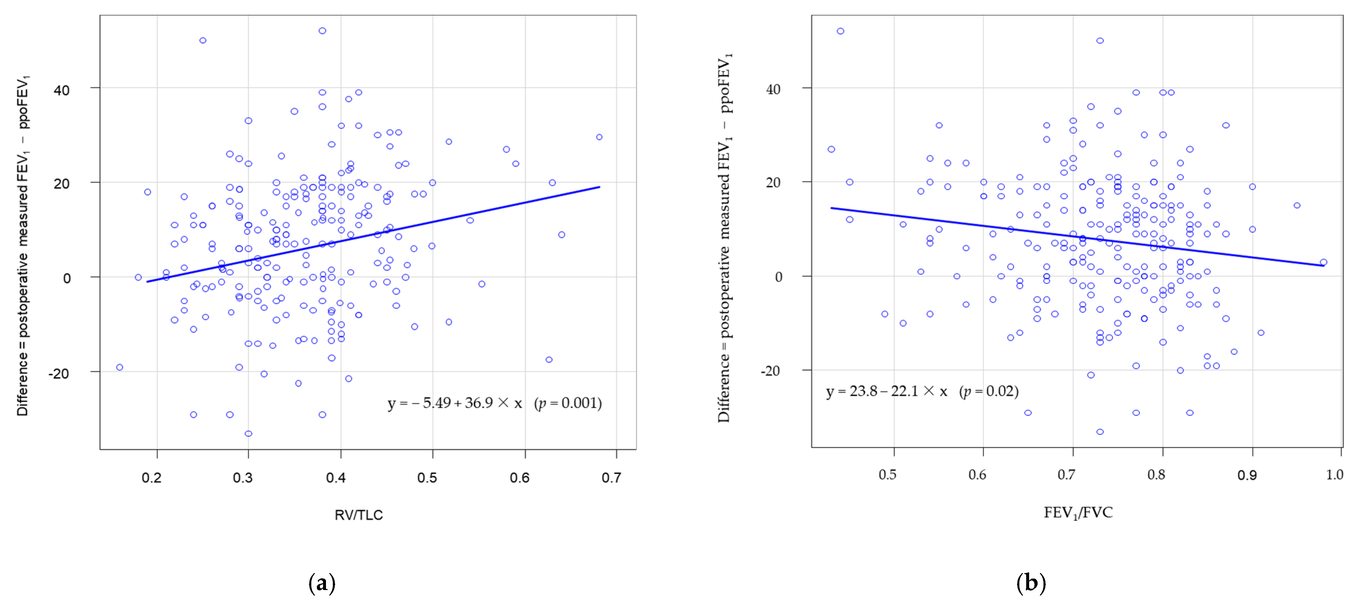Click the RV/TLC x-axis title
(x=359, y=515)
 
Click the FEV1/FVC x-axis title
(x=1078, y=512)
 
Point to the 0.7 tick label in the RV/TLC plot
(x=611, y=478)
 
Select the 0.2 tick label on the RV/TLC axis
(x=152, y=478)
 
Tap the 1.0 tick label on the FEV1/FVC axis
(x=1334, y=474)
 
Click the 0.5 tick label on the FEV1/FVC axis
(x=887, y=474)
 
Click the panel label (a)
(x=321, y=583)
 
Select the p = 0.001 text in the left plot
(x=568, y=403)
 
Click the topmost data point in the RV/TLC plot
(x=322, y=31)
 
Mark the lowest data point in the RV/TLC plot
(x=248, y=433)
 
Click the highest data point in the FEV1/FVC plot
(x=840, y=31)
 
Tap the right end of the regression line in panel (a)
(x=599, y=187)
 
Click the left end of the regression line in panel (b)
(x=832, y=208)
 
